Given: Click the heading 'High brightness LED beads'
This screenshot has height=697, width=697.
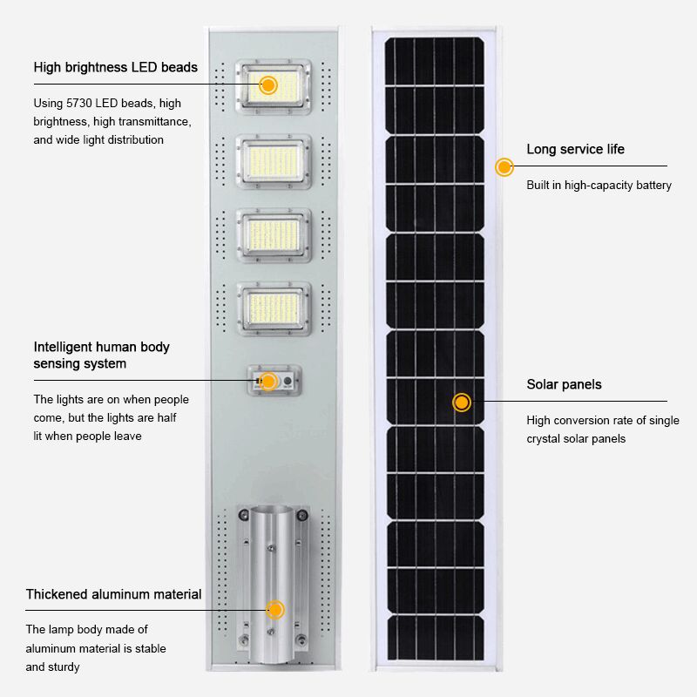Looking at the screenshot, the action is [x=116, y=67].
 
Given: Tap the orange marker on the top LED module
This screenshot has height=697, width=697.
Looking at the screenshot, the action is [x=268, y=85].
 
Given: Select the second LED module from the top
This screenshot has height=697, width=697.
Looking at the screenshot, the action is [x=274, y=161].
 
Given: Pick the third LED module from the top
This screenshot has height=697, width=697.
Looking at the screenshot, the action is [x=274, y=235].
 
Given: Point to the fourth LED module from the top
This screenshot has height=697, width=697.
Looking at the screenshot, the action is [x=274, y=309].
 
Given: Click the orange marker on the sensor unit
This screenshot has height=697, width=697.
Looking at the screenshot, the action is [x=268, y=381].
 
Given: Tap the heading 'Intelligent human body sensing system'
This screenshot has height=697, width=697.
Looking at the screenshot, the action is [x=101, y=355].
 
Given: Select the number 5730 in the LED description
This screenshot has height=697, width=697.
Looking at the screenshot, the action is [x=79, y=103].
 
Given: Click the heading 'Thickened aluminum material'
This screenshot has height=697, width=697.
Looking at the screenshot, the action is [x=114, y=594].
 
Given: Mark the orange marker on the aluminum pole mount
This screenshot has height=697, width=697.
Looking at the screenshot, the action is [x=275, y=609].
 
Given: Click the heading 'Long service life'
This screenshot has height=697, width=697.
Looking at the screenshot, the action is [x=576, y=149].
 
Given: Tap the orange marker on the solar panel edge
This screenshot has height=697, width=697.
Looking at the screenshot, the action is [x=504, y=167].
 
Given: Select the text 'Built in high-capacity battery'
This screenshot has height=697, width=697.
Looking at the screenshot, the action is [x=599, y=185].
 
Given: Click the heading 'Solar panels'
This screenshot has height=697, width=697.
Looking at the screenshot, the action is [x=564, y=384].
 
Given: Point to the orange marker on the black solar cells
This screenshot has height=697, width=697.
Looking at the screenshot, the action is [x=462, y=403].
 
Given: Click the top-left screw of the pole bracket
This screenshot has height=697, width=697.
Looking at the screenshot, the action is [x=244, y=515].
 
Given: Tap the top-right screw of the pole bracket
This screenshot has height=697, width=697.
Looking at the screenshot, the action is [x=302, y=515].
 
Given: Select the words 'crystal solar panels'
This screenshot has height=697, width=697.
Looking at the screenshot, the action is [x=576, y=439].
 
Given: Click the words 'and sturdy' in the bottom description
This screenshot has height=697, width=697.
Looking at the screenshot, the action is [x=52, y=667].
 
